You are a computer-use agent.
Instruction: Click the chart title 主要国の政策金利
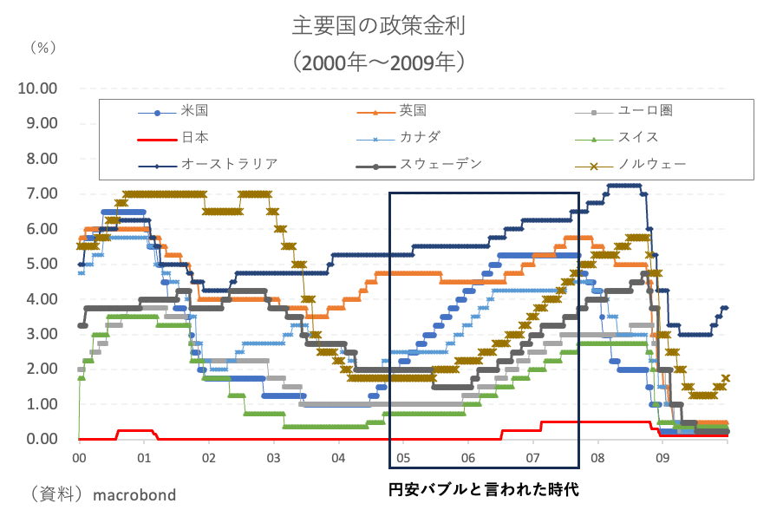379,26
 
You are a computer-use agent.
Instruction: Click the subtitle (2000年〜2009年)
379,62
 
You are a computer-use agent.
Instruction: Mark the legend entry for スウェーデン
440,163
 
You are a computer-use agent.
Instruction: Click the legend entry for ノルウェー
651,163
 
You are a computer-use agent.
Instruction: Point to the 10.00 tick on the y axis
37,88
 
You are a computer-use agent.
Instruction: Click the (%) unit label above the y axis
42,47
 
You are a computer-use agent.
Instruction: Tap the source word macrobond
134,495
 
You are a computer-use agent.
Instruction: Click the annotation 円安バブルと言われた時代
483,489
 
